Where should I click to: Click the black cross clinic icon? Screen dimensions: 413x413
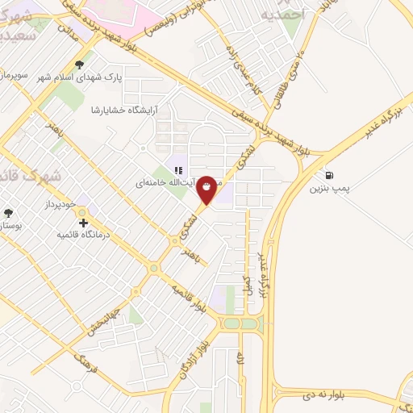point(83,222)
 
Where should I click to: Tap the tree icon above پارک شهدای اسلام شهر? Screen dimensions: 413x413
point(78,65)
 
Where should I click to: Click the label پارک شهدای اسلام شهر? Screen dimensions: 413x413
point(80,77)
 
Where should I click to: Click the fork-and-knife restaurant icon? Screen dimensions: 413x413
point(179,170)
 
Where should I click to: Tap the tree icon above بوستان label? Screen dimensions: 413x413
point(8,214)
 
